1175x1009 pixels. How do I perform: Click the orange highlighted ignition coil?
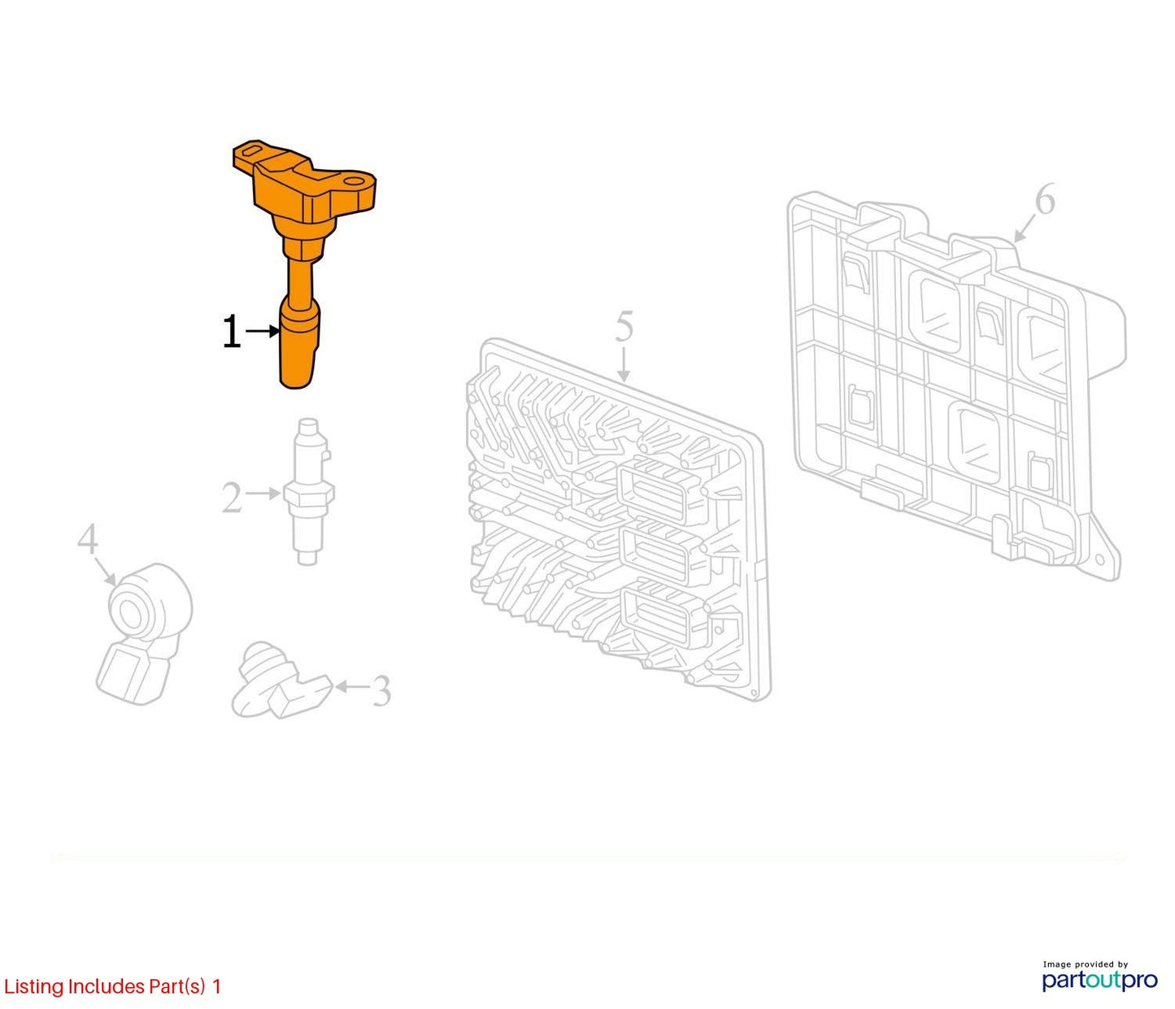(302, 239)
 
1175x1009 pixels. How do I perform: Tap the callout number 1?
(232, 332)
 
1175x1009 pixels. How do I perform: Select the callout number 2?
(232, 498)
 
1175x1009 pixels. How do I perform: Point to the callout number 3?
(381, 690)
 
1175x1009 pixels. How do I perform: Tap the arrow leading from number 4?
(105, 570)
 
